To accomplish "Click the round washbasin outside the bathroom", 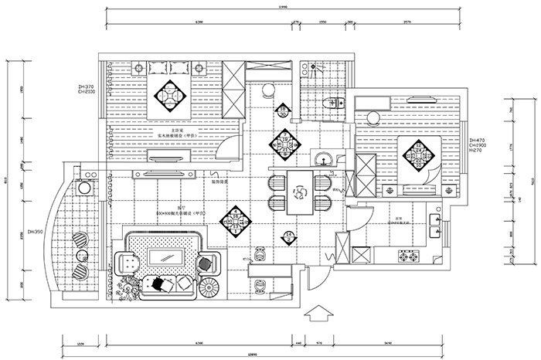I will [323, 158].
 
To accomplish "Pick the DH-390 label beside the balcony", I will [35, 232].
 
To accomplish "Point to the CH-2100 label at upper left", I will [87, 92].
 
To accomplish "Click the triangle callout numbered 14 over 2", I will [289, 236].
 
